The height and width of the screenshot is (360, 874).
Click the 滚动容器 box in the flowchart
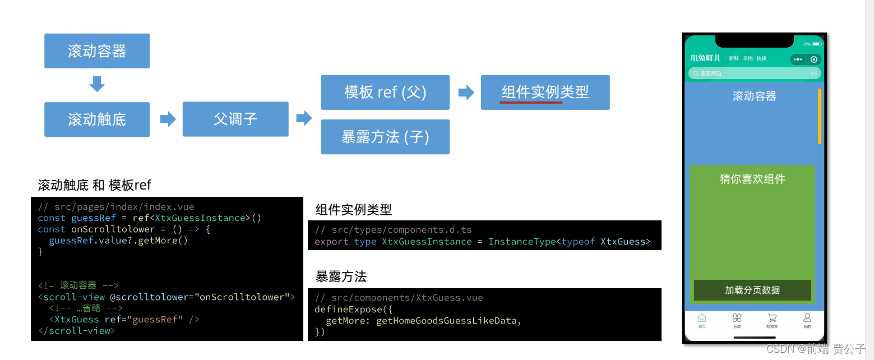tap(97, 51)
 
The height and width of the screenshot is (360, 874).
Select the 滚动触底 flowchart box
tap(97, 119)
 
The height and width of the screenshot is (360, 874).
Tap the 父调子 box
tap(235, 119)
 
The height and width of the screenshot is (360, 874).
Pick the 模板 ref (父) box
tap(385, 92)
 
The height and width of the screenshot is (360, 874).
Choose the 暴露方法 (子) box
tap(385, 137)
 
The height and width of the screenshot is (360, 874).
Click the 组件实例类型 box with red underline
tap(545, 92)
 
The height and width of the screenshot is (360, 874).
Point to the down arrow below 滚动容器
tap(97, 84)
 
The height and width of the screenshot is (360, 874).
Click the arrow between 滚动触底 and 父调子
tap(168, 119)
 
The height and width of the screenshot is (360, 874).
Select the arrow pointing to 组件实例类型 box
tap(466, 93)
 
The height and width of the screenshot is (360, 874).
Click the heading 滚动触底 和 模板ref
tap(94, 185)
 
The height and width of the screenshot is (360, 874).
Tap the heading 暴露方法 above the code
tap(341, 276)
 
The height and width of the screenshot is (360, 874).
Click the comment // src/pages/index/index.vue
tap(116, 207)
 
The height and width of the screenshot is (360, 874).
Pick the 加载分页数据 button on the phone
tap(752, 290)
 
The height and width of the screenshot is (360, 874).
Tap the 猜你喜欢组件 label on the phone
tap(752, 179)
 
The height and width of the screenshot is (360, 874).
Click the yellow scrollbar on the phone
tap(820, 116)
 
